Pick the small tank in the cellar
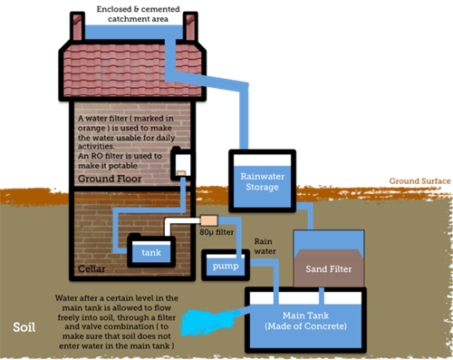(151, 251)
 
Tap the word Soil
(27, 326)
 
